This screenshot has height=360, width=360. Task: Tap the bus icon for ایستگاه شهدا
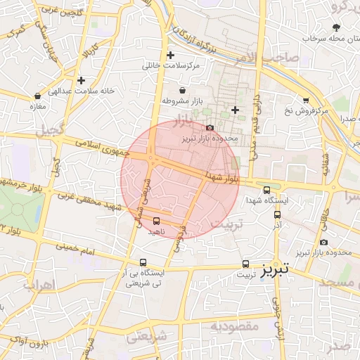click(266, 190)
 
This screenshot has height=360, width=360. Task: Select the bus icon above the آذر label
click(277, 214)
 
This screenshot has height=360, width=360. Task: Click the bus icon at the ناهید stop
click(156, 221)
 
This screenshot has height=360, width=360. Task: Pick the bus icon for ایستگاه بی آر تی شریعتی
click(143, 263)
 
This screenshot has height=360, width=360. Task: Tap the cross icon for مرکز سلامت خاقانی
click(169, 55)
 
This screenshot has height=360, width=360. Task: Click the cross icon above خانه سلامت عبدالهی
click(82, 81)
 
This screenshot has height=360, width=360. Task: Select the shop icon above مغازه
click(37, 96)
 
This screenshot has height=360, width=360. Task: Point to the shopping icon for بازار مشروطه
click(183, 91)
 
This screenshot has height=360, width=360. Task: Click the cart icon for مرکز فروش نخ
click(305, 101)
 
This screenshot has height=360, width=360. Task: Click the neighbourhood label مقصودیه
click(236, 326)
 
